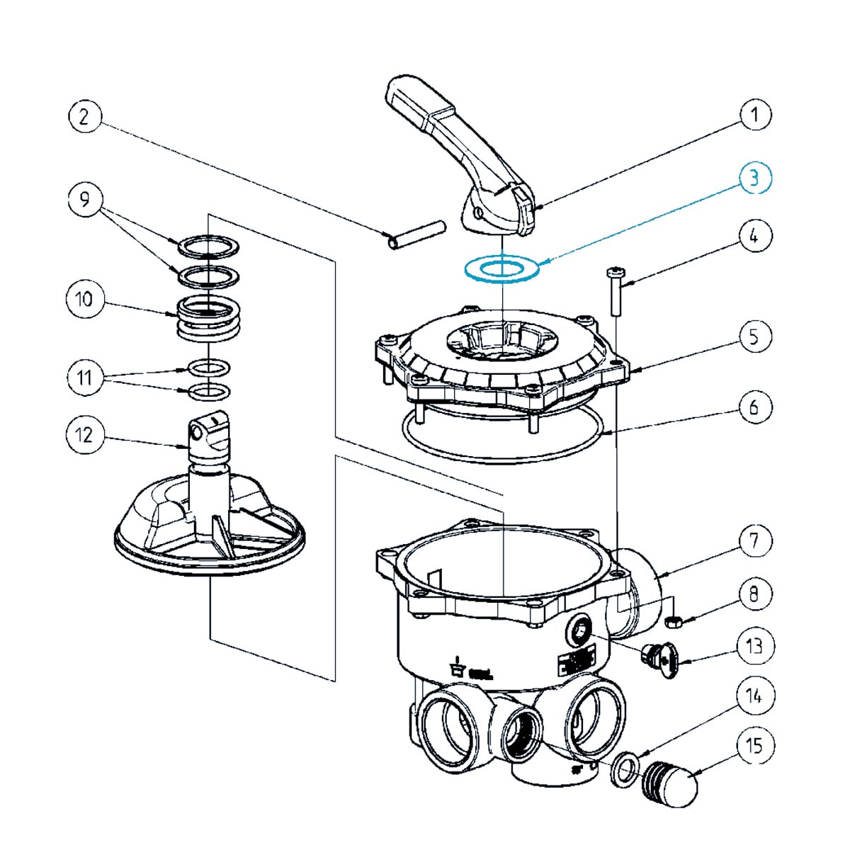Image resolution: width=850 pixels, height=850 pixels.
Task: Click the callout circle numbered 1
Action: (x=754, y=115)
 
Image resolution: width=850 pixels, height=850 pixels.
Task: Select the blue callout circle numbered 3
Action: (x=754, y=178)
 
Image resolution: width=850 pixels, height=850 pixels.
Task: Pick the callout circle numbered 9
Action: (x=84, y=200)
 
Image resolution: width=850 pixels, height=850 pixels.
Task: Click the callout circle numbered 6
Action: (x=754, y=407)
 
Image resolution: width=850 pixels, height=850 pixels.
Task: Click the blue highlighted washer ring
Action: (x=501, y=269)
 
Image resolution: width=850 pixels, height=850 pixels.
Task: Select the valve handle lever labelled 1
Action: (x=460, y=156)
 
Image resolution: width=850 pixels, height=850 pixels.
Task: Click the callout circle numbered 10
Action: (x=84, y=299)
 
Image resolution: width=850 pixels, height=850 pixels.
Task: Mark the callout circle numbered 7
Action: (x=754, y=541)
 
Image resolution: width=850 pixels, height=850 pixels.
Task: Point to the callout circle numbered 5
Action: (x=754, y=336)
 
